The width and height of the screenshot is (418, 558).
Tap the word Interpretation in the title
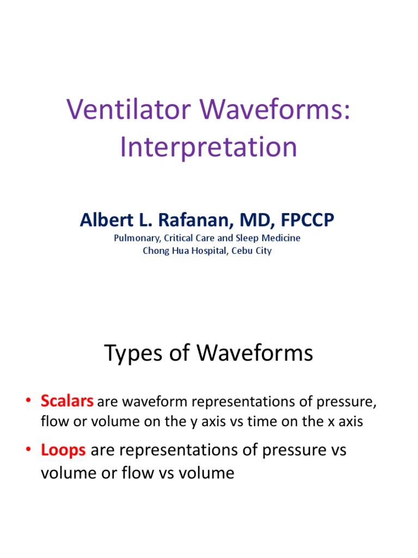[x=208, y=147]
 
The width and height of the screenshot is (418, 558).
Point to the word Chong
[x=155, y=251]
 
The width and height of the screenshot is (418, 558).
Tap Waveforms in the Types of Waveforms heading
[x=255, y=354]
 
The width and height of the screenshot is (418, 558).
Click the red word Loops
[x=63, y=450]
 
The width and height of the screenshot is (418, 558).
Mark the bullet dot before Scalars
[x=29, y=403]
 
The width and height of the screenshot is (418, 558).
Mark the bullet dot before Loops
[x=29, y=451]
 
